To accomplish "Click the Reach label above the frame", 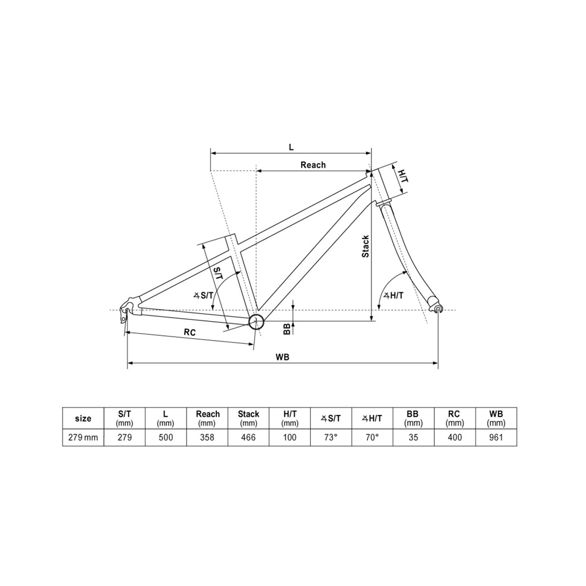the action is click(313, 165).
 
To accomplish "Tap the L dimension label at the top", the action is click(291, 147).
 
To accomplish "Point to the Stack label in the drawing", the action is click(366, 246).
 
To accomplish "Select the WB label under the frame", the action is click(283, 357).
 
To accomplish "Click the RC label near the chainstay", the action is click(190, 332).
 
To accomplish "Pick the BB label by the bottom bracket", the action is click(287, 329).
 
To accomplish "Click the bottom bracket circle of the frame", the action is click(256, 322).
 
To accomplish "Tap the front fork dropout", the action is click(438, 308).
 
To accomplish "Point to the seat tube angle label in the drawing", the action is click(204, 295).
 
